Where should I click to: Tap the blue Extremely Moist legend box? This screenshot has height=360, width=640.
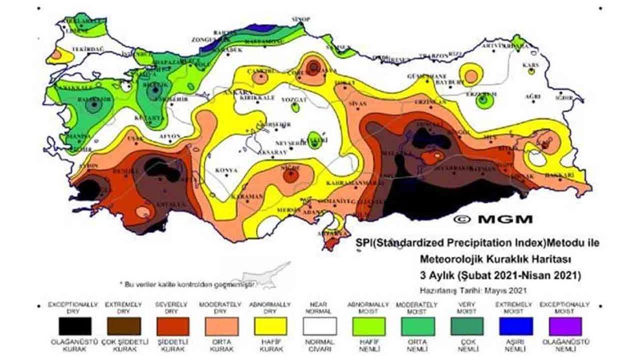coord(516,326)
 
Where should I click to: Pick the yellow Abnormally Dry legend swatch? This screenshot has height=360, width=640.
coord(269,326)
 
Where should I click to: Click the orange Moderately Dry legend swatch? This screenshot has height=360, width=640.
coord(220,326)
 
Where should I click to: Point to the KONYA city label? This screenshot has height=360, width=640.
coord(226,171)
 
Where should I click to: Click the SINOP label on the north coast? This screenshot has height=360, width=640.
coord(301,19)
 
